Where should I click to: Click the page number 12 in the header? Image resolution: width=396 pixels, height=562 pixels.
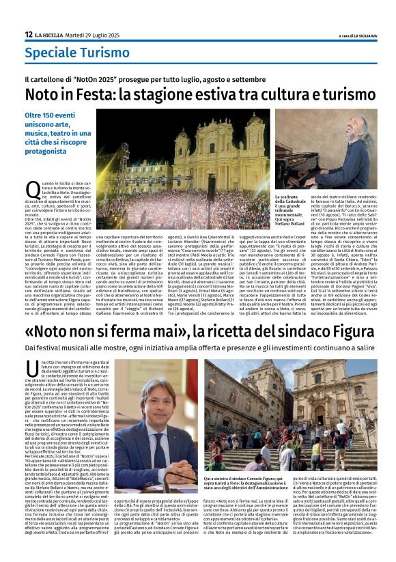coord(28,35)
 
